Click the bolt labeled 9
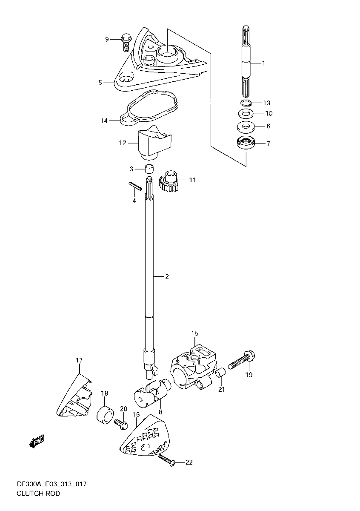tap(126, 43)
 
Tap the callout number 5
tap(100, 82)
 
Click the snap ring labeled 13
tap(246, 103)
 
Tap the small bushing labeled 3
tap(149, 169)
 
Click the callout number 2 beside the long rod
tap(167, 276)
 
